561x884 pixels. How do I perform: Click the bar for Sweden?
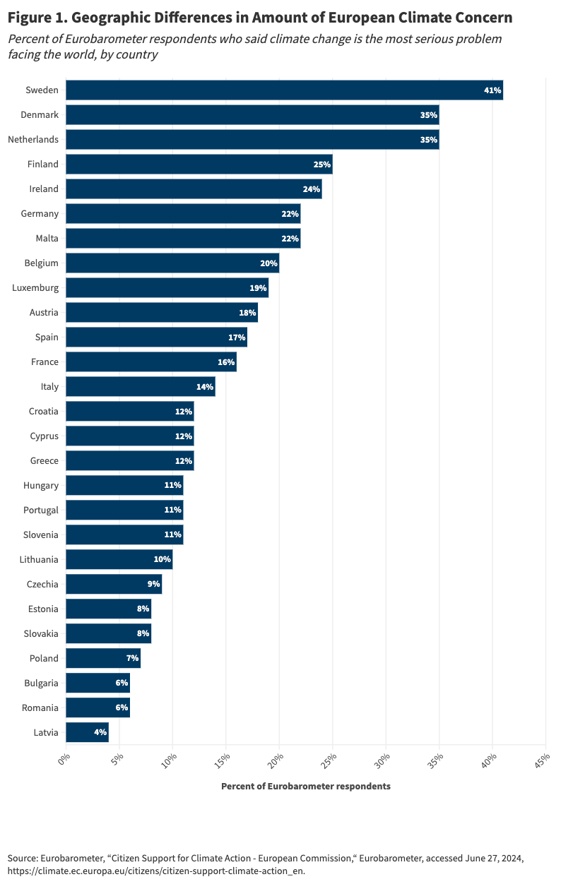click(283, 90)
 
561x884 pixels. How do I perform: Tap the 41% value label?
click(492, 90)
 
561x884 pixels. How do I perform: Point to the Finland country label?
click(42, 164)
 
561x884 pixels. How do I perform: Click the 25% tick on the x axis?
click(329, 760)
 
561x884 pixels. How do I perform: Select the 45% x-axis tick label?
click(543, 760)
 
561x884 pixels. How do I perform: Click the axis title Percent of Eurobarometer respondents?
click(305, 786)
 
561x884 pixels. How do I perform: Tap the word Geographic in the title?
click(117, 17)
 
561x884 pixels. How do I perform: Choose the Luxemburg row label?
click(35, 287)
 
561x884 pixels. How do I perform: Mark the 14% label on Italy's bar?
click(205, 386)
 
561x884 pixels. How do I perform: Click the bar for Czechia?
click(113, 584)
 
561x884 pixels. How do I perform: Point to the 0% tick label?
click(64, 760)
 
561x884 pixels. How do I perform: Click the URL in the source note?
click(156, 871)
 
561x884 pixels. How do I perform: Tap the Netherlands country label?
click(33, 139)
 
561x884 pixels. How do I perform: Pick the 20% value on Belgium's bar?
click(268, 263)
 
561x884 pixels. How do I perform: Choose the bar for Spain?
click(155, 337)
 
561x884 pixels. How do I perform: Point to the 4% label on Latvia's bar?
click(100, 732)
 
